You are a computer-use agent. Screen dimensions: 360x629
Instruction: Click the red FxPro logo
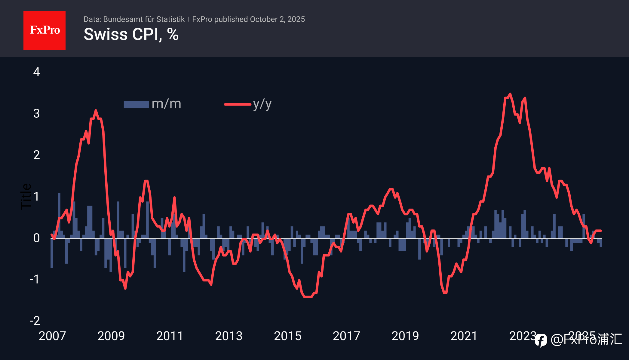(x=44, y=30)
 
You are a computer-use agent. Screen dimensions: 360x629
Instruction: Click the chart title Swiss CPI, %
(x=131, y=34)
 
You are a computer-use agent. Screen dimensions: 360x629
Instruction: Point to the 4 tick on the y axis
(x=36, y=72)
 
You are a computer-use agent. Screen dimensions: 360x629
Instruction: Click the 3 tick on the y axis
(x=36, y=113)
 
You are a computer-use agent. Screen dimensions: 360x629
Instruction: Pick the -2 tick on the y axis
(x=35, y=321)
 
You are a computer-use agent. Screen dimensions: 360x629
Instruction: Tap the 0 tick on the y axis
(x=36, y=238)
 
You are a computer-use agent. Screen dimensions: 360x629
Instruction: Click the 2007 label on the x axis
(x=52, y=336)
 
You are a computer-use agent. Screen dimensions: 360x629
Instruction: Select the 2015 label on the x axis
(x=287, y=336)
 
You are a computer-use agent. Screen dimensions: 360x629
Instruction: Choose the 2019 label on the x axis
(x=405, y=336)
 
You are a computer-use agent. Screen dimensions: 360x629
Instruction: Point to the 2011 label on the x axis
(x=170, y=336)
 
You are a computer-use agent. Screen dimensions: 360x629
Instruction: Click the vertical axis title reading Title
(x=26, y=196)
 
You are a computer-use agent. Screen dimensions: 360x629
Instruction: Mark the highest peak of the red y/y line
(x=510, y=94)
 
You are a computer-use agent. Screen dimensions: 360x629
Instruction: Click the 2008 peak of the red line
(x=96, y=110)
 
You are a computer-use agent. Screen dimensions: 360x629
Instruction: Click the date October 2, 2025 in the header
(x=277, y=19)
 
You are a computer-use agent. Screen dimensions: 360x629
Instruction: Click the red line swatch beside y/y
(x=238, y=104)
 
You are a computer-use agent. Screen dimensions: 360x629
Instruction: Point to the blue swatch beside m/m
(x=136, y=104)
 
